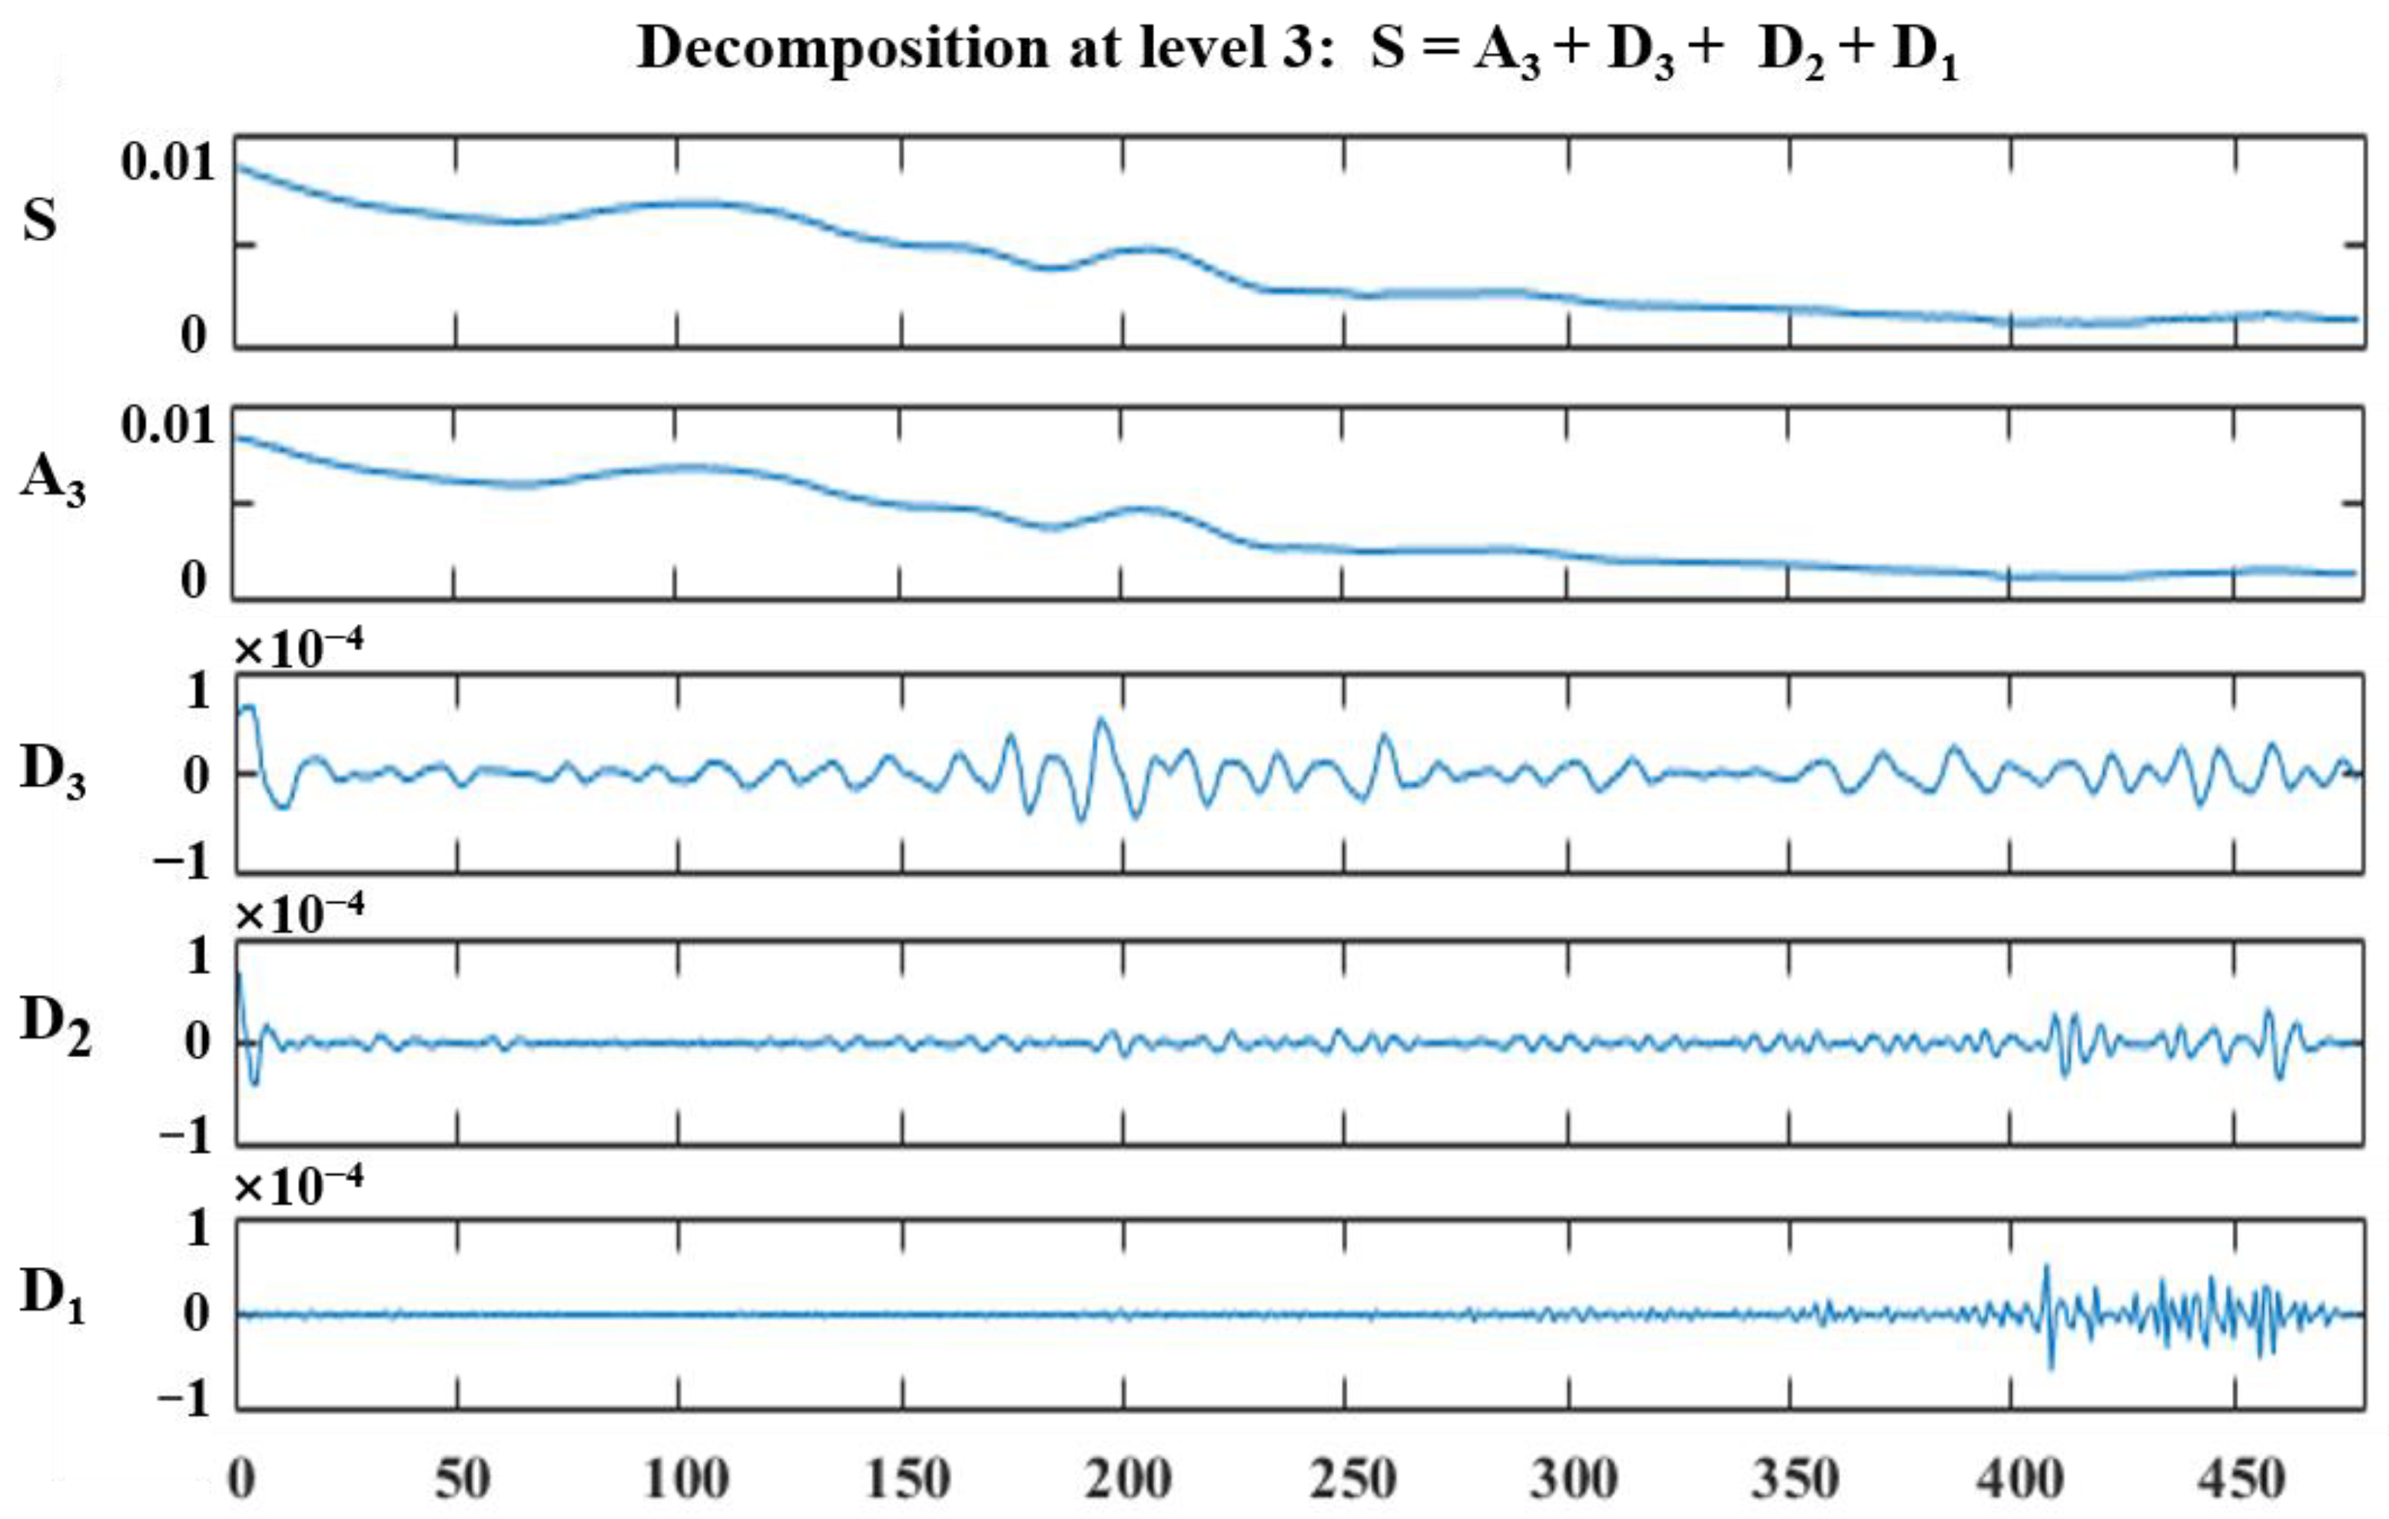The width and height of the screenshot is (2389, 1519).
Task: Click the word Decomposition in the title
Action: [842, 48]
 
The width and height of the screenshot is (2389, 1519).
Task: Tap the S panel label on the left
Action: [40, 221]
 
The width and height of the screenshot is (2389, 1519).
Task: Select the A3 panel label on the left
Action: [51, 480]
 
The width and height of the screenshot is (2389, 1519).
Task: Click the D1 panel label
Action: [51, 1295]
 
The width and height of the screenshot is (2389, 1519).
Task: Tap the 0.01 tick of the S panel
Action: [168, 161]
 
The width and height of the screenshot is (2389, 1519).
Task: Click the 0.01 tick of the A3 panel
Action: [168, 425]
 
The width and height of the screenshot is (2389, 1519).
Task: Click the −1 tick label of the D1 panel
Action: [184, 1400]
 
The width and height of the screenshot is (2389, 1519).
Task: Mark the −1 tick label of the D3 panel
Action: [183, 861]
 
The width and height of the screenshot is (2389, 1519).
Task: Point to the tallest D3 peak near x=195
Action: [1100, 718]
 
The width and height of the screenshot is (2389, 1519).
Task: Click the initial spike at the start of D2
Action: [239, 977]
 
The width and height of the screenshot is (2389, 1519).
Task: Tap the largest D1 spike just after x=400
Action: [2046, 1267]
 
